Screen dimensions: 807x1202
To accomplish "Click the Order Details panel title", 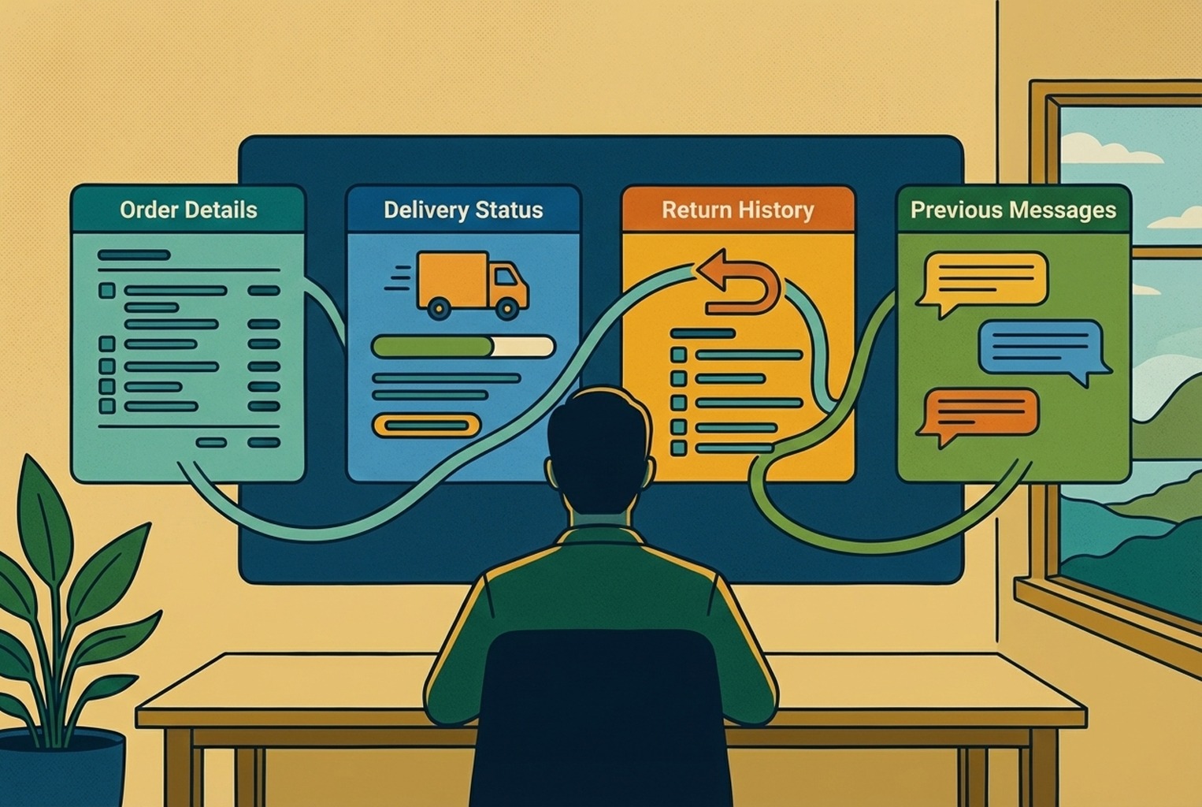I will point(188,210).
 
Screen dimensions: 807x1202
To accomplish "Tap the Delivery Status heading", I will point(463,210).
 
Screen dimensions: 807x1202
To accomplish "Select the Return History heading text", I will point(737,210).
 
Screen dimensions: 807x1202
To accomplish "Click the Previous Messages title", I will point(1013,210).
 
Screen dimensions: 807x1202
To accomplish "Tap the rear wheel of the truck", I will point(439,308).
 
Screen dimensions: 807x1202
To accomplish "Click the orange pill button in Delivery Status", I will point(426,426).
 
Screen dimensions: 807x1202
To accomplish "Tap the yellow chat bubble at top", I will point(985,279).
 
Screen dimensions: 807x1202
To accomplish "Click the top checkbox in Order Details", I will point(107,291).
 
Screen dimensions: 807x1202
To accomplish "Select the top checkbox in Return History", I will point(678,355).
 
